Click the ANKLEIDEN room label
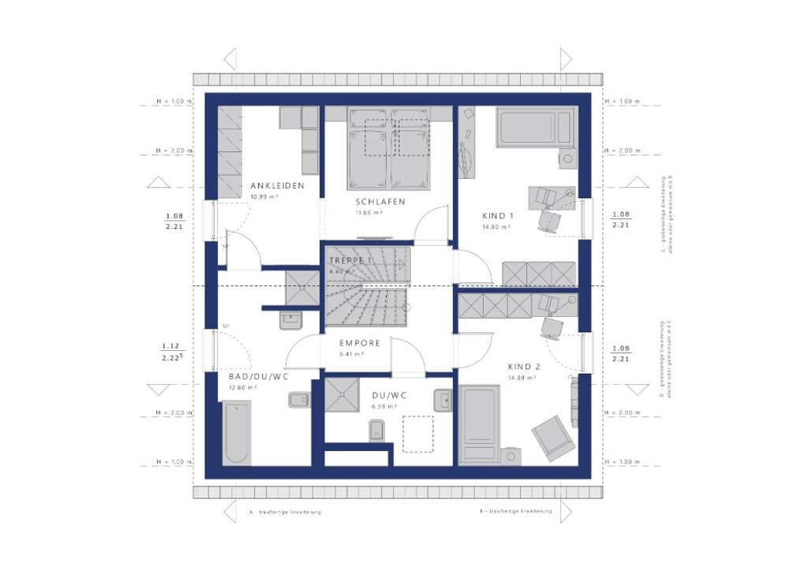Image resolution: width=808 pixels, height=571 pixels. tap(272, 186)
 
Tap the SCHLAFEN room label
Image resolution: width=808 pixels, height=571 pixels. tap(380, 202)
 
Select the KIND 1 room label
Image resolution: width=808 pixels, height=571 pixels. tap(498, 216)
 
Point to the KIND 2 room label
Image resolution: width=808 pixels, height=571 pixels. tap(523, 367)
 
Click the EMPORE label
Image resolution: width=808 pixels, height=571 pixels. tap(360, 343)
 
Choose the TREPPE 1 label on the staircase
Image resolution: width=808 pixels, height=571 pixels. tap(350, 259)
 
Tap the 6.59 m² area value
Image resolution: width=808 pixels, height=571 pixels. tap(383, 407)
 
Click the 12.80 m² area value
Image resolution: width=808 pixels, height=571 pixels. tap(243, 387)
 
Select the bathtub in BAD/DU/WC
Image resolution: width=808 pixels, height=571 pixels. tap(237, 433)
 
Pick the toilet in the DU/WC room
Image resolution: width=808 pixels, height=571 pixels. tap(376, 431)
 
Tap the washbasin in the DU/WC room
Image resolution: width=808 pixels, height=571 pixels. tap(442, 401)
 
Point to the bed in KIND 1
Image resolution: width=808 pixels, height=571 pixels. tap(534, 128)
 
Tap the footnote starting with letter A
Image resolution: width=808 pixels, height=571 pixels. tap(285, 512)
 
